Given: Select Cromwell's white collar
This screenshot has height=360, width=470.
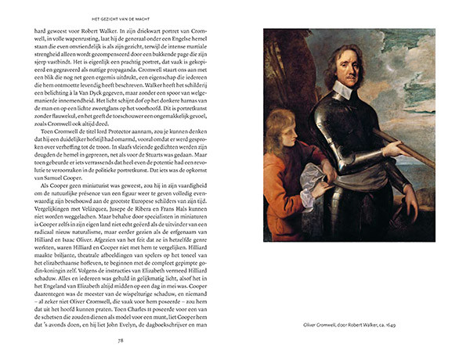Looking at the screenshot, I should pos(345,92).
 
